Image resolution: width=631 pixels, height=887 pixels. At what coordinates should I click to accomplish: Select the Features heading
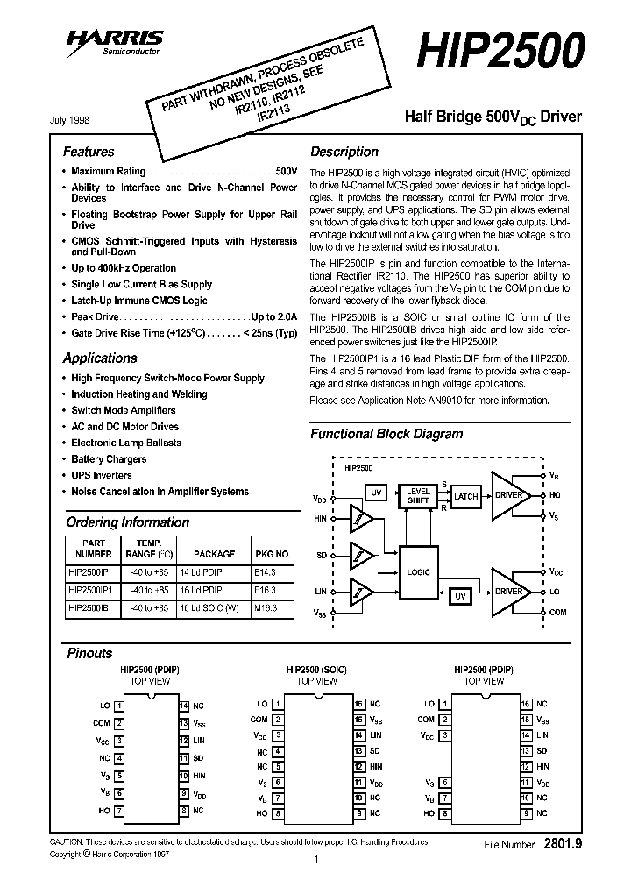(89, 152)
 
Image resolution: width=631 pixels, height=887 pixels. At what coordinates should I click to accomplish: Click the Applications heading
(100, 358)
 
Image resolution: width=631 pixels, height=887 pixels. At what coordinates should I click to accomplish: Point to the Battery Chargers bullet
(109, 459)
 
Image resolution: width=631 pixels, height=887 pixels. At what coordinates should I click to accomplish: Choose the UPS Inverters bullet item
(102, 476)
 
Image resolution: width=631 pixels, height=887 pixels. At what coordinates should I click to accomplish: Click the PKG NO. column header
(272, 554)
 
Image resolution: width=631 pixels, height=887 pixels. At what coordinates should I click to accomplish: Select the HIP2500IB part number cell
(88, 607)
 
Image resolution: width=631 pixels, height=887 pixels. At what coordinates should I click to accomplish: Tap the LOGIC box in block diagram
(419, 572)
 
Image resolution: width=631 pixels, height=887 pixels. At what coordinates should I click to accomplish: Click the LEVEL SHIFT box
(419, 496)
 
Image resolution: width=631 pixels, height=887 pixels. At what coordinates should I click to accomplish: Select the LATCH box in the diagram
(466, 496)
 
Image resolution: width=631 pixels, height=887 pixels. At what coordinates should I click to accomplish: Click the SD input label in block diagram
(323, 556)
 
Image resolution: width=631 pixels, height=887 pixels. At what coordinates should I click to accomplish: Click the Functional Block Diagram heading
(386, 434)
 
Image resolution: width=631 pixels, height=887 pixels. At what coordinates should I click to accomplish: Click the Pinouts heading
(89, 653)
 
